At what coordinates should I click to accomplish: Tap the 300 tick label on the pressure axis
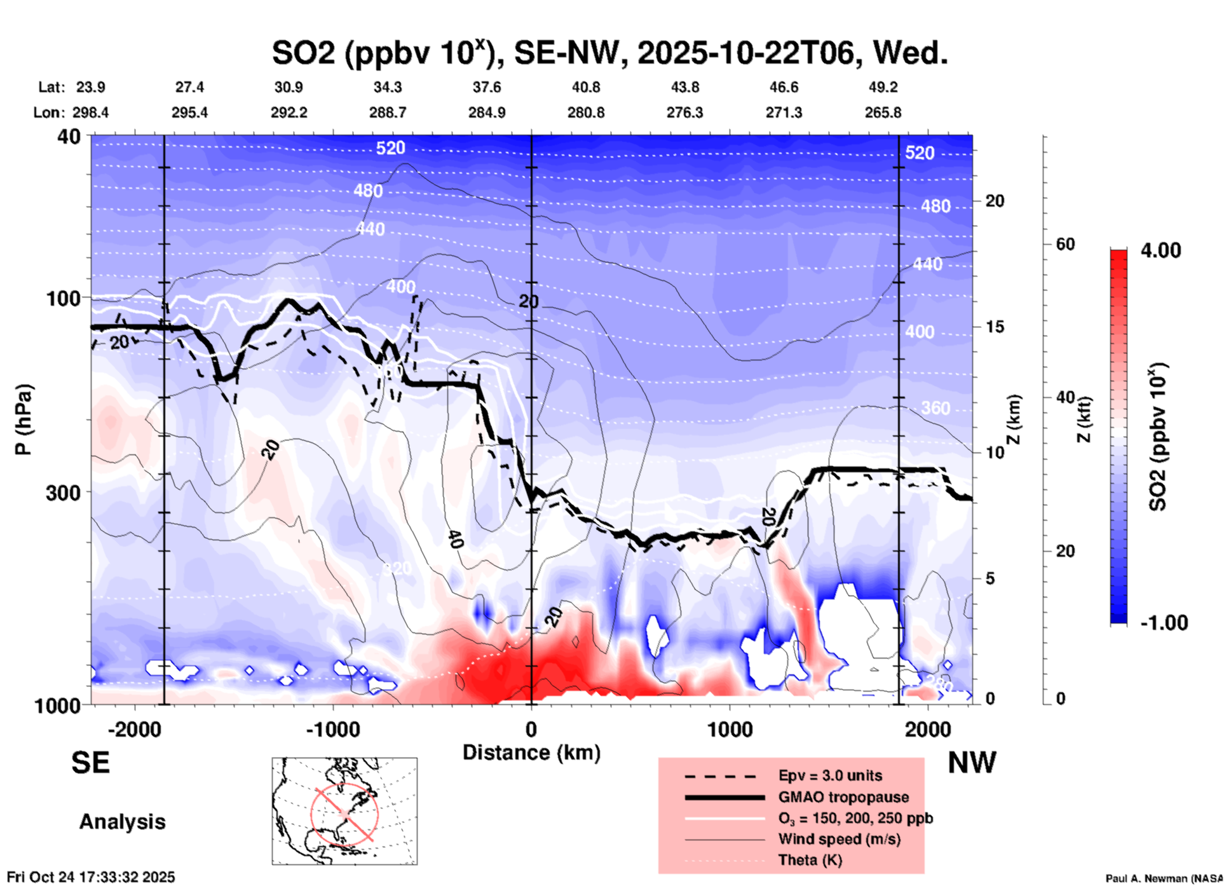64,493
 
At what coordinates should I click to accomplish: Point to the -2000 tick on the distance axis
134,729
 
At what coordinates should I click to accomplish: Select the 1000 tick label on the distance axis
730,729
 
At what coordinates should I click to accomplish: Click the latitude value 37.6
487,87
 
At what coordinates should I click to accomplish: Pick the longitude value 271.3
784,112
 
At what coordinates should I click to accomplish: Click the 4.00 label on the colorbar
1160,250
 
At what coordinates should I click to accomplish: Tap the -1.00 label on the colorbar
1164,622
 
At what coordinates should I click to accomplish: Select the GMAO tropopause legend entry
843,797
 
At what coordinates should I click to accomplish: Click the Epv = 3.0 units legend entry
830,775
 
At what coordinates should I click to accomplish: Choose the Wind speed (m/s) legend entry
839,839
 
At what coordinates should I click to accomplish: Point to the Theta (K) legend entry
810,860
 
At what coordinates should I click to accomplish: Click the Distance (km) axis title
531,753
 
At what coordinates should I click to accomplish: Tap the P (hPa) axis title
24,419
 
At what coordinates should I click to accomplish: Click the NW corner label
972,763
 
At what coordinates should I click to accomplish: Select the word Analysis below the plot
122,822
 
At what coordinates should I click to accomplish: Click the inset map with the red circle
344,811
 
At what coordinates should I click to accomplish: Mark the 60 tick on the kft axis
1065,244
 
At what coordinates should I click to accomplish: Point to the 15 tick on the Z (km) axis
995,327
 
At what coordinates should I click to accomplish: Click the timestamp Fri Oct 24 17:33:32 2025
91,877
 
